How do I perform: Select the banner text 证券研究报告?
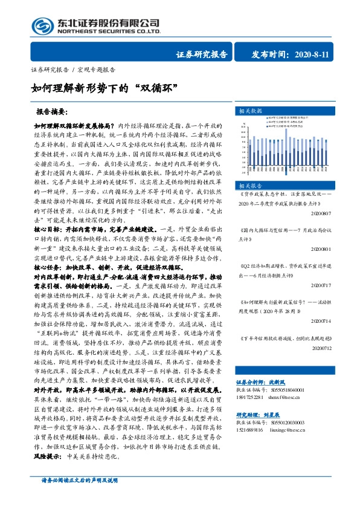coord(202,54)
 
